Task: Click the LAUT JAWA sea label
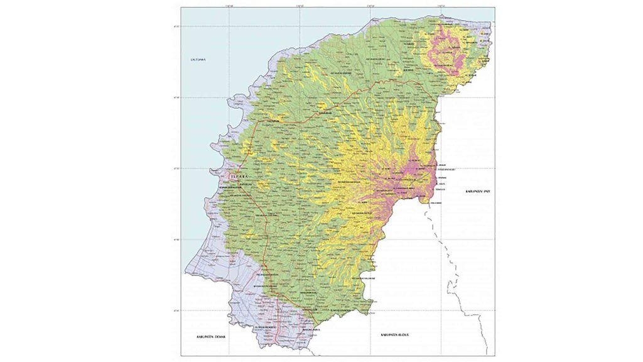(199, 60)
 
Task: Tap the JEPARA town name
(239, 178)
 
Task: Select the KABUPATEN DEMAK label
(210, 337)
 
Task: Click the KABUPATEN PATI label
(477, 190)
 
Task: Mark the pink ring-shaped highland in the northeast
(447, 50)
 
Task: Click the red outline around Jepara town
(230, 178)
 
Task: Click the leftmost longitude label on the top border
(229, 6)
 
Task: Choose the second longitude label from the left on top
(300, 6)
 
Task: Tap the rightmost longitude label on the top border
(442, 6)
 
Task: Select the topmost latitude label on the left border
(178, 26)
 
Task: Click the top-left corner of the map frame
(181, 8)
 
